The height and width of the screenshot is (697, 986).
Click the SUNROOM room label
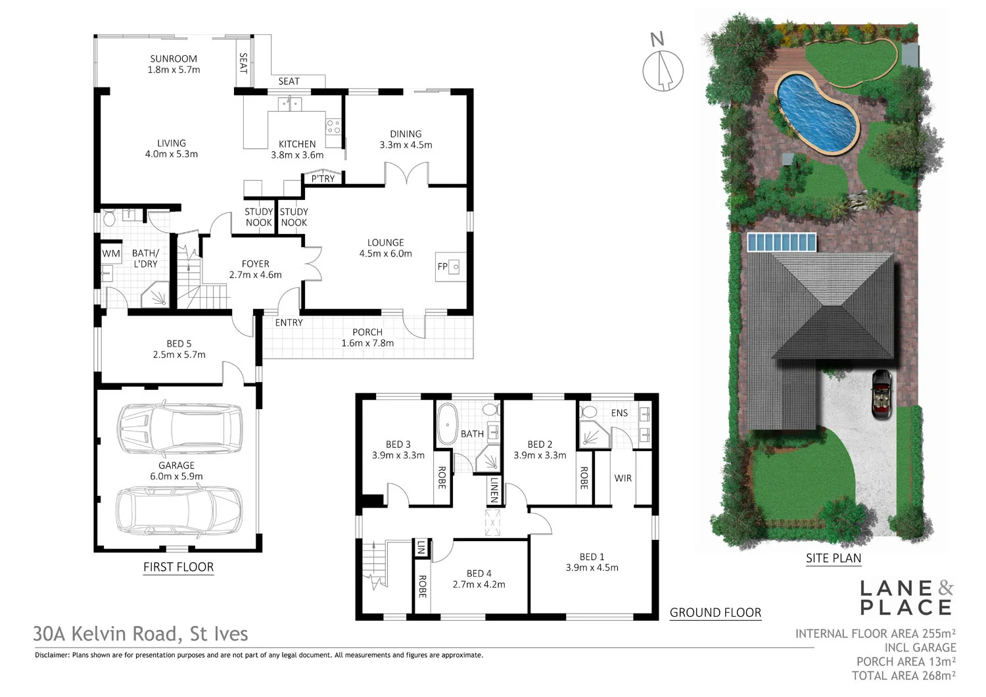[174, 59]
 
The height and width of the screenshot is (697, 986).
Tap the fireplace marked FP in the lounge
[450, 266]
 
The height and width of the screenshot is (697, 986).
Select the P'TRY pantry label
[323, 178]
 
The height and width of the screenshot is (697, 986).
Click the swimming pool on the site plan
[817, 114]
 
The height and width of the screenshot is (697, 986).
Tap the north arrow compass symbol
[663, 70]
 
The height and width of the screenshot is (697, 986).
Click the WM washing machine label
[110, 253]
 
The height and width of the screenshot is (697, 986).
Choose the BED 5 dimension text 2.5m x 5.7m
[179, 354]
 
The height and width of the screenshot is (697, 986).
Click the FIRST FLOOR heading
[178, 567]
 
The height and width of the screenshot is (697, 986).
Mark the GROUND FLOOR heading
[715, 613]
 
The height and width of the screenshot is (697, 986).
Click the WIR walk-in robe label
[622, 478]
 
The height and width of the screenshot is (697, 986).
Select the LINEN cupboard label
[494, 490]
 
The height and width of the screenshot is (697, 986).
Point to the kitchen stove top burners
[333, 126]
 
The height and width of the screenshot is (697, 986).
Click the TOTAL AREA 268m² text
[903, 675]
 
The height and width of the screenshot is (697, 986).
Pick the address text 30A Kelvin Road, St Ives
[141, 634]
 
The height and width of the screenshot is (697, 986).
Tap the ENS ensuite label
[619, 413]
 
